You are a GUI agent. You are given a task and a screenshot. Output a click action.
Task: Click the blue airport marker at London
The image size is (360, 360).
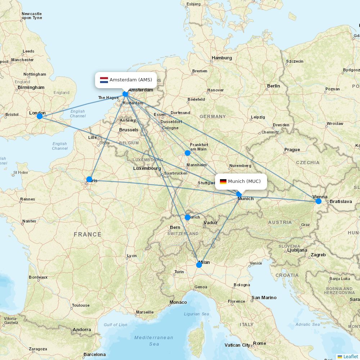coord(40,116)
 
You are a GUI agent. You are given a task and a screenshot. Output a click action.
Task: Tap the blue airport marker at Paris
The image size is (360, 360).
coord(89,179)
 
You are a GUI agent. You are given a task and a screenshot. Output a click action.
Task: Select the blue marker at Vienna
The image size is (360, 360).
coord(318,201)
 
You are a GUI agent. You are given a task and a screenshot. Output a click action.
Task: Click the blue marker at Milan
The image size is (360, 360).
coord(199,265)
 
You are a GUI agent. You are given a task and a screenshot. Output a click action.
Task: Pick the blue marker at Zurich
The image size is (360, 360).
coord(188,217)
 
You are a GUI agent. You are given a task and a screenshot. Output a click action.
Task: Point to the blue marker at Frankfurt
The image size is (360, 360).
coord(188,153)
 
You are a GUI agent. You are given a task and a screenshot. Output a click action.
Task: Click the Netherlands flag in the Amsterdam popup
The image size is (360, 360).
coord(104,80)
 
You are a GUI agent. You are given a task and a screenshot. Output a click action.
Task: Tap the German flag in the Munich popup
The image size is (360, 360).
coord(223,181)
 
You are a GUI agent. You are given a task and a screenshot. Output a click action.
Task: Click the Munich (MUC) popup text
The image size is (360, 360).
coord(244,181)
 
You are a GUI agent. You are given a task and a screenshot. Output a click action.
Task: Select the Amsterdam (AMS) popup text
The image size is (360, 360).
coord(131,80)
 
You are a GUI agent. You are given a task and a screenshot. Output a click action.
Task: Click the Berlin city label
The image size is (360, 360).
coord(274,86)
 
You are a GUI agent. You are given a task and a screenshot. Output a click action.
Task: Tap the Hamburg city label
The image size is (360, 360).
coord(222,58)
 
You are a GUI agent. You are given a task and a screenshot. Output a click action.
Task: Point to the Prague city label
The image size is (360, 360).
coord(292,150)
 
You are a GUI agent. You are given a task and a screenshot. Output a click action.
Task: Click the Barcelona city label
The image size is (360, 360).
coord(94,355)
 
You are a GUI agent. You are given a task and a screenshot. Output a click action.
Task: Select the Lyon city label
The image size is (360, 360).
coord(132,256)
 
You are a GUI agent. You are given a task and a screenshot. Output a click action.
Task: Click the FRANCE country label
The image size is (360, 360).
coord(87,234)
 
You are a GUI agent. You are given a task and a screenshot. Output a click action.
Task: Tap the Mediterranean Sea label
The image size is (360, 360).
coord(154,341)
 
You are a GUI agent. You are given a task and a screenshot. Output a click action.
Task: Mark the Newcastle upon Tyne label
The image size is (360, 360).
coord(32,16)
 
